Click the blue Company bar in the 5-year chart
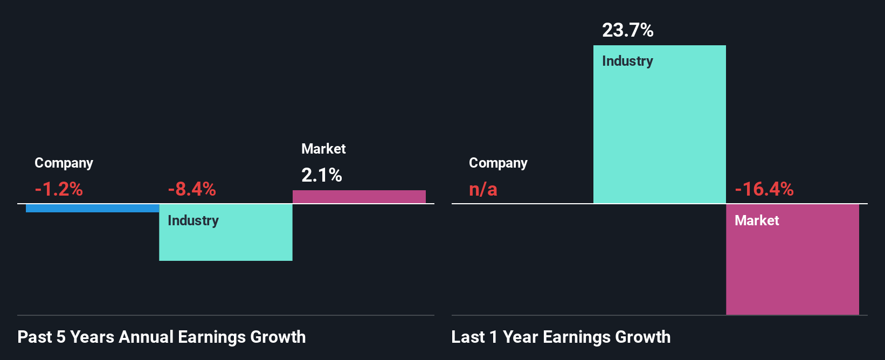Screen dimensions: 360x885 (x=92, y=208)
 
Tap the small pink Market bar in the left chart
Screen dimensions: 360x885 (x=359, y=197)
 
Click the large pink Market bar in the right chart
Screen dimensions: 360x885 (x=792, y=264)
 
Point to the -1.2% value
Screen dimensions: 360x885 (x=59, y=189)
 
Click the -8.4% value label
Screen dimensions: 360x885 (x=192, y=189)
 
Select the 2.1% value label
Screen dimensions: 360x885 (x=322, y=175)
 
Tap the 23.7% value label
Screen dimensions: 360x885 (x=627, y=30)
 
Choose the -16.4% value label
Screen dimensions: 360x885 (x=764, y=189)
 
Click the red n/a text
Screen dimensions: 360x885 (x=483, y=189)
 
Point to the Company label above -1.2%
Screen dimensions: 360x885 (x=64, y=163)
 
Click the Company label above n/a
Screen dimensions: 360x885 (x=498, y=163)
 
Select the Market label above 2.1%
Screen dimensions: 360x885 (x=323, y=149)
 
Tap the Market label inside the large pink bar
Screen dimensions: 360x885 (x=757, y=220)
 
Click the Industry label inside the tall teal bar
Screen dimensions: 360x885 (x=627, y=61)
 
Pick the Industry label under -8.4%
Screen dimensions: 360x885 (x=193, y=220)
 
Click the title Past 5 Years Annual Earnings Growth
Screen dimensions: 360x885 (x=161, y=337)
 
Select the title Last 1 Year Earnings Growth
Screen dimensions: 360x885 (x=561, y=337)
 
